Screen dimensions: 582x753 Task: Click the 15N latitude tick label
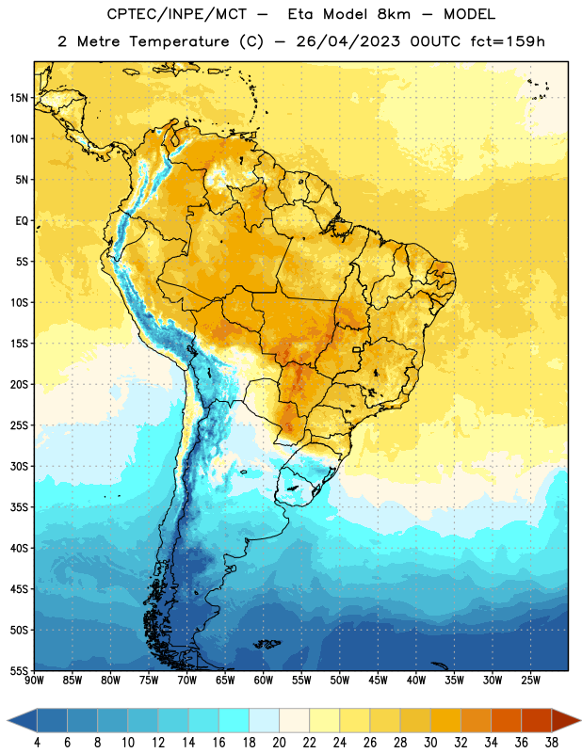point(19,98)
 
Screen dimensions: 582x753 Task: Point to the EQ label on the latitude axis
point(22,221)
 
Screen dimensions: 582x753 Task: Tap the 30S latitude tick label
point(19,466)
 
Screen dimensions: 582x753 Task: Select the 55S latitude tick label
point(19,671)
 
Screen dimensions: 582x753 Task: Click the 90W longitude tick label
point(34,681)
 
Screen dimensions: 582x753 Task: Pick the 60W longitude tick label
point(264,681)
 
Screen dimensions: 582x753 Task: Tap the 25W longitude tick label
point(530,681)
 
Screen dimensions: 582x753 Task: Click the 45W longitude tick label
point(378,681)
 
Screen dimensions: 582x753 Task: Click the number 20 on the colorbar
point(279,743)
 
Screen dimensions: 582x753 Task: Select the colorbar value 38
point(552,743)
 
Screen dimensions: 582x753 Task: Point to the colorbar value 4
point(37,743)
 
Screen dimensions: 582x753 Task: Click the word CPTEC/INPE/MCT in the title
point(177,14)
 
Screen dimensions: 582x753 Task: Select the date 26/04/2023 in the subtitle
point(348,41)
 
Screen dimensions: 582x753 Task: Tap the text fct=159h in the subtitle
point(508,41)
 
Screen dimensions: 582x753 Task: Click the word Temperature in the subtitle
point(179,42)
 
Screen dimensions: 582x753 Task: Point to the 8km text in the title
point(394,14)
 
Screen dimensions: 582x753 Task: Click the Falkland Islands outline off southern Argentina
point(267,644)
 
